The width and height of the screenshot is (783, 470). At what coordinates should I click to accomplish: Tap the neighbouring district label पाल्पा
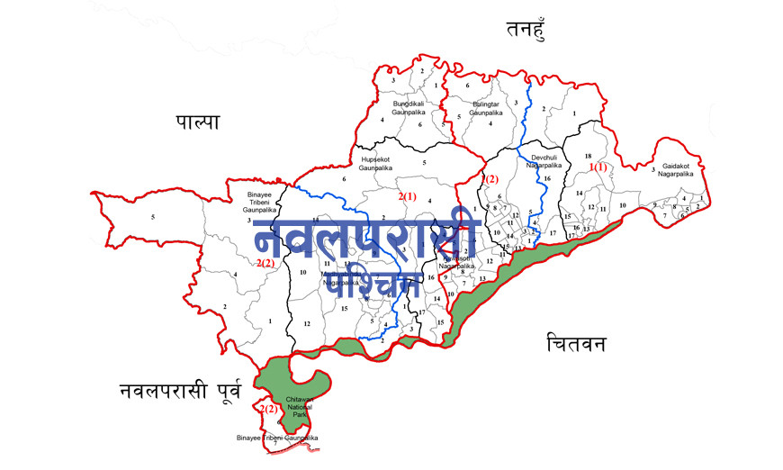coord(197,123)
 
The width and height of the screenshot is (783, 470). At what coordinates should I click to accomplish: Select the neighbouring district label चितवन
coord(576,345)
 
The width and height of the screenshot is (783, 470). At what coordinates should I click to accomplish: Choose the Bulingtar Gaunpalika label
coord(487,108)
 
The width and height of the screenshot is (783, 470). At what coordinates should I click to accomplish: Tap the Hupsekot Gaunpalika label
coord(377,163)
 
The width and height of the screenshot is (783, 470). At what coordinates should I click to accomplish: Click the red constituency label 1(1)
coord(598,167)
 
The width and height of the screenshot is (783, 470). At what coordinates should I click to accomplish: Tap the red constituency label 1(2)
coord(489,180)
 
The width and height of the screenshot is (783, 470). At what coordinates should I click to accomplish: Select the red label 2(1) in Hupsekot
coord(407,196)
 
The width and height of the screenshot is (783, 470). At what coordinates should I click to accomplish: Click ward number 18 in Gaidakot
coord(587,156)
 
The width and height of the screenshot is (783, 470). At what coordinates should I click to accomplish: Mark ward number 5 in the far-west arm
coord(153,217)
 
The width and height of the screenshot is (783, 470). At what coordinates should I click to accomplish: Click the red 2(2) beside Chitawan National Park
coord(268,410)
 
